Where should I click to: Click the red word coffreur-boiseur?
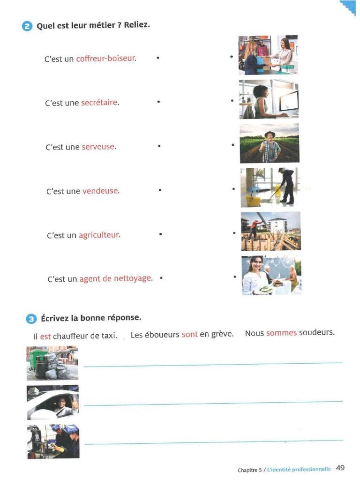105,59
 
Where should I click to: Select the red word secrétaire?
99,103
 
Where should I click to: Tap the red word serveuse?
98,147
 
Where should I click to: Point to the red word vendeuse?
100,191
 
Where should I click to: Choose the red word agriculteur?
99,235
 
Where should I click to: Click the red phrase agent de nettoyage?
115,278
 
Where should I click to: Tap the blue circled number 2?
28,26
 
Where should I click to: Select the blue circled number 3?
31,319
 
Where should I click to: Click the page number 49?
340,467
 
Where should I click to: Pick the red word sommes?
281,333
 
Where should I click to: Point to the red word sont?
189,335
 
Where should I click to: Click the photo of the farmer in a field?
269,143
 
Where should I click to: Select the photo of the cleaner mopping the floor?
269,187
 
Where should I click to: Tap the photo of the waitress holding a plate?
271,275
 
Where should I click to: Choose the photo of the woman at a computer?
268,99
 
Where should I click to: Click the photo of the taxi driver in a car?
52,402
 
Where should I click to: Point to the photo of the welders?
53,441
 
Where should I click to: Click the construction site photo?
270,231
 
